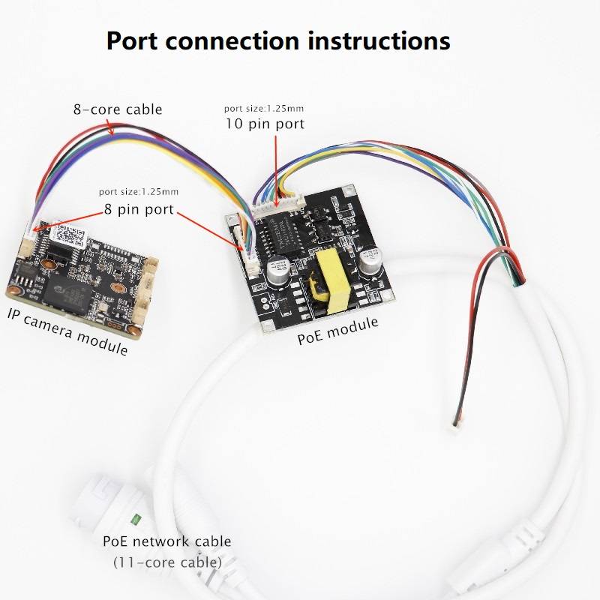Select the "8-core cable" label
tap(117, 109)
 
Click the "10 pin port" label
tap(265, 124)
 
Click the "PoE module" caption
tap(337, 331)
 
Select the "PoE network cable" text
tap(166, 541)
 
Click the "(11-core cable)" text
tap(167, 561)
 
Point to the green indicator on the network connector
tap(136, 518)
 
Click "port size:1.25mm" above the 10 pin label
tap(265, 109)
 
